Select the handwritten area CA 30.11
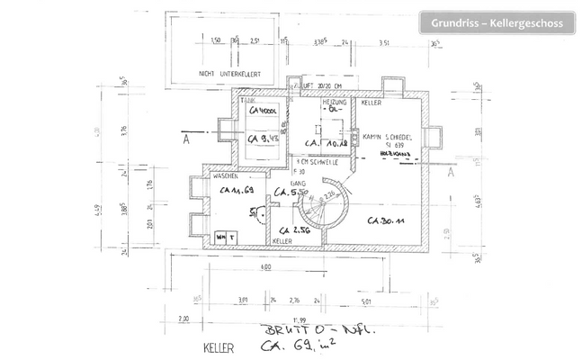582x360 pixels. tap(386, 220)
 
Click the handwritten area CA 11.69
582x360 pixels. tap(232, 193)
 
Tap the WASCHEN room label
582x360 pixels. tap(225, 176)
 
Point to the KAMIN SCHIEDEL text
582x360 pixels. tap(387, 137)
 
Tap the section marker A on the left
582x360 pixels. tap(184, 139)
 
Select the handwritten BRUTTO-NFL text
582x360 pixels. tap(292, 330)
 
